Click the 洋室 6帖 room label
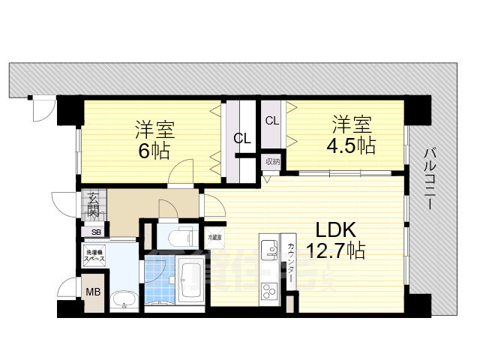coord(154,138)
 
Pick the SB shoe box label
coord(96,232)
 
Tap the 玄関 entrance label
coord(93,204)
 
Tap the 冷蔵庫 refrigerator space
coord(215,237)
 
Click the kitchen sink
coord(268,248)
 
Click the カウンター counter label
coord(291,263)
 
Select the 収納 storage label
coord(271,161)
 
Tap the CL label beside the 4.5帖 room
coord(271,120)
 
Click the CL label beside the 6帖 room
coord(241,138)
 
